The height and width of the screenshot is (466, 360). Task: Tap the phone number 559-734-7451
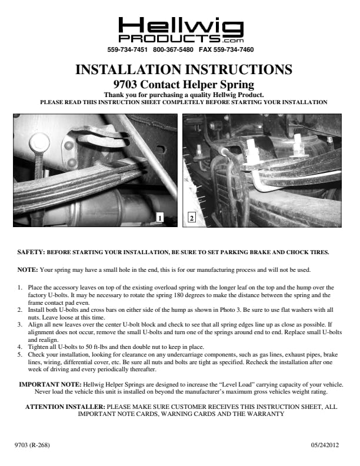[127, 49]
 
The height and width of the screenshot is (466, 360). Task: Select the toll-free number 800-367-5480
[173, 49]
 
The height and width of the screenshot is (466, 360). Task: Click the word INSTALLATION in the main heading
[129, 69]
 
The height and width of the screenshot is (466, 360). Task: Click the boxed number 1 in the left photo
[160, 218]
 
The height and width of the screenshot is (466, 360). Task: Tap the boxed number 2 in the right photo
[192, 218]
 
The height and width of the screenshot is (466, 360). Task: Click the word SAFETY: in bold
[31, 252]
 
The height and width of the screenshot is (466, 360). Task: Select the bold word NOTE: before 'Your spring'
[28, 270]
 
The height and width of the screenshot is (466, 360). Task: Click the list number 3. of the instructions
[19, 325]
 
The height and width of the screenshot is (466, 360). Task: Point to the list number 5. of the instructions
[19, 355]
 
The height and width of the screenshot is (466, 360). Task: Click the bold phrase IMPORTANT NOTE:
[50, 384]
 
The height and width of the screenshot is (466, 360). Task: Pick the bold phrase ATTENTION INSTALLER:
[65, 407]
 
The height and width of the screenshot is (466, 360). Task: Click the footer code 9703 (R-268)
[32, 445]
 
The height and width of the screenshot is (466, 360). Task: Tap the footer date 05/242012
[325, 445]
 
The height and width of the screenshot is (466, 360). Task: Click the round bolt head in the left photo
[39, 142]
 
